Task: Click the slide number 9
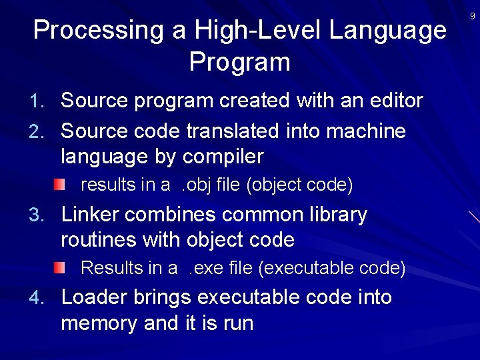click(473, 15)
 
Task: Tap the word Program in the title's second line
click(240, 63)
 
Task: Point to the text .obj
click(198, 185)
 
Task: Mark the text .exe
click(205, 268)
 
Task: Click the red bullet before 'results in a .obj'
click(60, 184)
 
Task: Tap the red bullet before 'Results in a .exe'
click(60, 268)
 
